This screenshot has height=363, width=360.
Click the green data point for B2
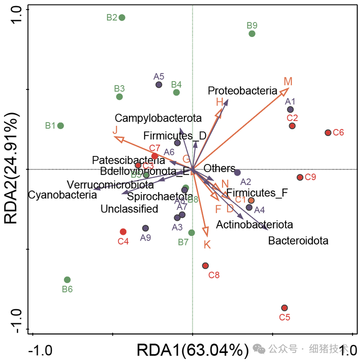click(x=121, y=17)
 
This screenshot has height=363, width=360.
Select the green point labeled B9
click(x=252, y=33)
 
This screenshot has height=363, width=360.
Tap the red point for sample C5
click(x=284, y=308)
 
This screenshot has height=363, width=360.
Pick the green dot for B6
click(x=67, y=280)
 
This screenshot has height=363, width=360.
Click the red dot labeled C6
click(x=328, y=132)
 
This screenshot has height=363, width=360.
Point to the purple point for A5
click(x=159, y=85)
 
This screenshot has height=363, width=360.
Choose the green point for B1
click(x=60, y=125)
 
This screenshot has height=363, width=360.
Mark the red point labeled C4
click(x=123, y=231)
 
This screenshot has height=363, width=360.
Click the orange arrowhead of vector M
click(x=286, y=90)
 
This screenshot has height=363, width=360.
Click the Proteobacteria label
click(x=242, y=91)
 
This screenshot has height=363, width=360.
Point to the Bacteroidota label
click(x=298, y=241)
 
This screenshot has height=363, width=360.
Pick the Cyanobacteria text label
click(x=62, y=194)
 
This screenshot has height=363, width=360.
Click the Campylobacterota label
click(x=158, y=118)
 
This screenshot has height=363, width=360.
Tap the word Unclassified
click(x=129, y=209)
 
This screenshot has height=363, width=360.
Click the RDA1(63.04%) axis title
click(x=192, y=350)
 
